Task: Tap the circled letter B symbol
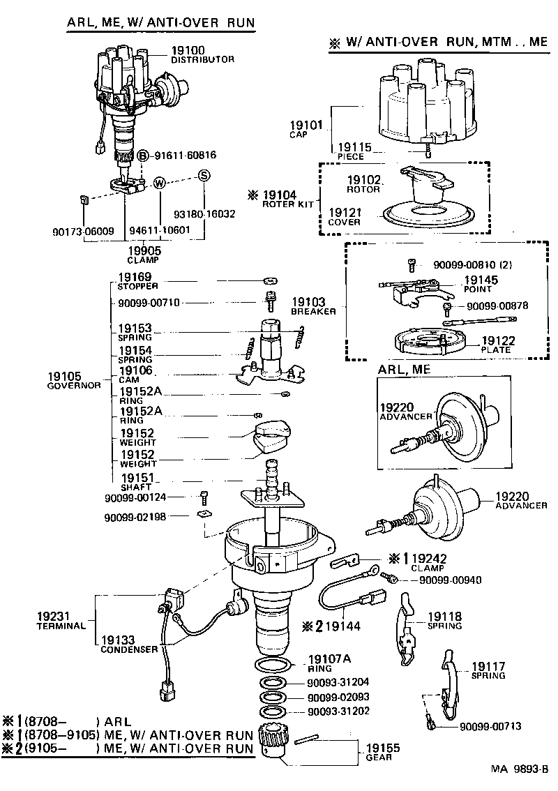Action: tap(142, 156)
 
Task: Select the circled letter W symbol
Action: tap(160, 183)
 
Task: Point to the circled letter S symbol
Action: tap(204, 175)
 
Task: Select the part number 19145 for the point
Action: tap(480, 280)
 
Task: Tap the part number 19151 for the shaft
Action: tap(136, 478)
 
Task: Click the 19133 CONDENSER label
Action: tap(129, 643)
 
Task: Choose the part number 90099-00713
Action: tap(490, 726)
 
